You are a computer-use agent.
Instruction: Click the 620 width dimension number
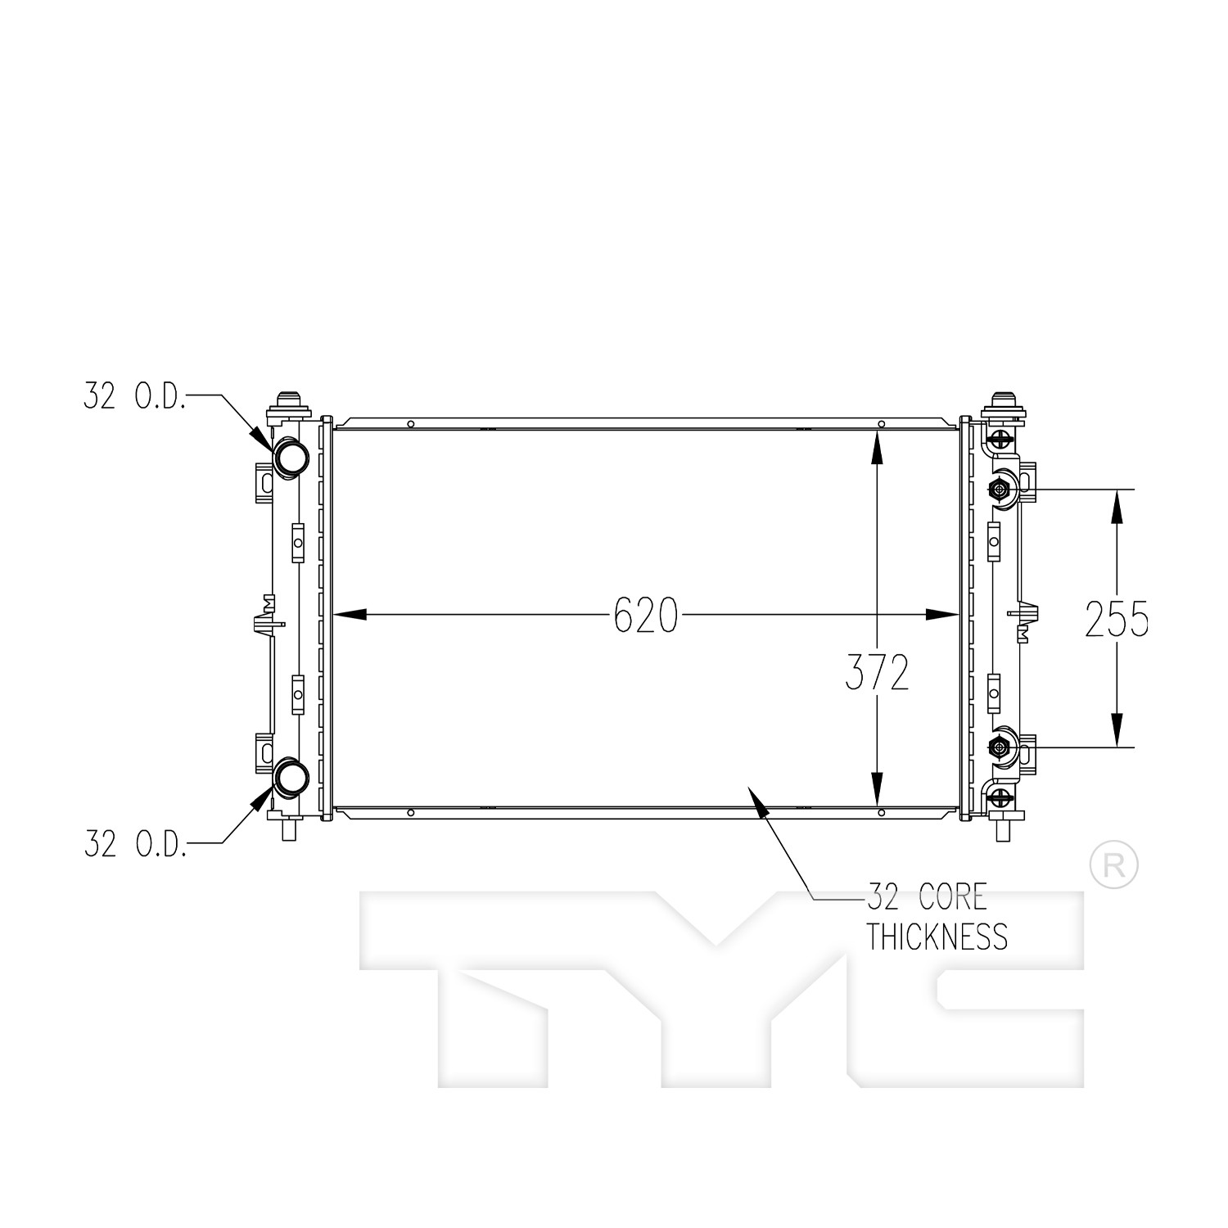(x=646, y=615)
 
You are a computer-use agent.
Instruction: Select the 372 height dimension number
(x=877, y=673)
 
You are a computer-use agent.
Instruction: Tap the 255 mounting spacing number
(x=1117, y=619)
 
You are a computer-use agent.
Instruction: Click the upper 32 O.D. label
(x=135, y=396)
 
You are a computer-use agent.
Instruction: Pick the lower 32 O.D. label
(x=136, y=844)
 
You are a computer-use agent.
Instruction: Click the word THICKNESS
(x=937, y=937)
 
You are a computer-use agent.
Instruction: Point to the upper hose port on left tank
(x=290, y=457)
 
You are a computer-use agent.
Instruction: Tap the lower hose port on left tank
(x=290, y=779)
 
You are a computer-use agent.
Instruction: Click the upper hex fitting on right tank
(x=999, y=490)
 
